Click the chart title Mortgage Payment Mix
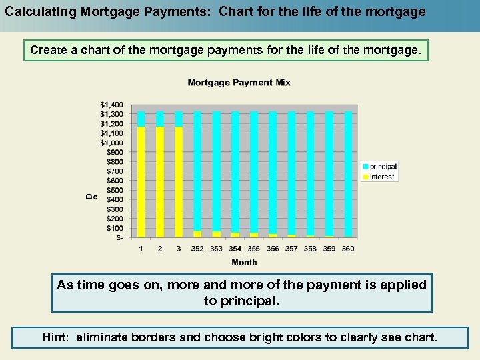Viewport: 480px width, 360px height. pos(239,83)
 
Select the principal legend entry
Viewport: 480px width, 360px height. pos(383,167)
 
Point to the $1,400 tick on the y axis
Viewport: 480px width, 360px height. pos(111,105)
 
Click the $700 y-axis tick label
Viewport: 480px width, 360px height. pos(114,171)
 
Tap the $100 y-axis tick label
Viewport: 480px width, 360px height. pos(114,228)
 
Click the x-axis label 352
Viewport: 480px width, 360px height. pos(197,249)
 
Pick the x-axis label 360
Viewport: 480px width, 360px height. pos(348,249)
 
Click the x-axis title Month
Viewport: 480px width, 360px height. pos(244,262)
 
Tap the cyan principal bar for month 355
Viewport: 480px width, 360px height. pos(254,170)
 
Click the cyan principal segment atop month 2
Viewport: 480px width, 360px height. pos(159,119)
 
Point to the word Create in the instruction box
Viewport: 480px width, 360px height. pos(48,50)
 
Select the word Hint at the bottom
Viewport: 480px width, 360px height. pos(56,337)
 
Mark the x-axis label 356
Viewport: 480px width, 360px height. pos(273,249)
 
